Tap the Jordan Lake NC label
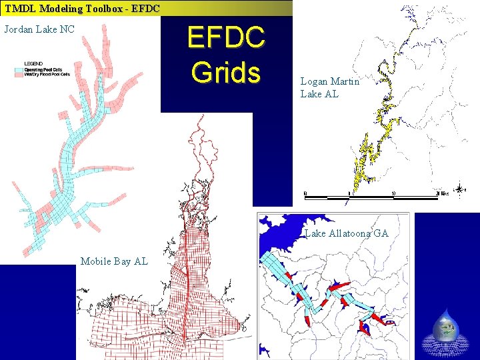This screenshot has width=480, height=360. (39, 29)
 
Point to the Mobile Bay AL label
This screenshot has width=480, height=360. (114, 261)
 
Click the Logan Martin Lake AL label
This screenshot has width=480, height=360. (329, 87)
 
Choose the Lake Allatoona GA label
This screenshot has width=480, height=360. (347, 233)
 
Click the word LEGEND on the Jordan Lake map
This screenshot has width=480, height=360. (33, 64)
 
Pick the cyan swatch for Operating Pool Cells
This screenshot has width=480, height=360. (20, 69)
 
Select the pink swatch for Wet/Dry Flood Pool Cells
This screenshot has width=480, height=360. (20, 75)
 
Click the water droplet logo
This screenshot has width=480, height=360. (445, 325)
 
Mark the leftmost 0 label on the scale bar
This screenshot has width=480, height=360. (305, 193)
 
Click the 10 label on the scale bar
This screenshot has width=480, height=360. (393, 193)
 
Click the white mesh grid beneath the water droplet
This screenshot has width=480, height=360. (445, 345)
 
